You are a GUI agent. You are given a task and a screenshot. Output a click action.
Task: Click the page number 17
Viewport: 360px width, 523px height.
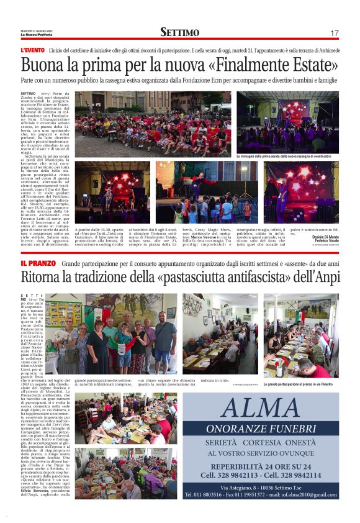tap(335, 33)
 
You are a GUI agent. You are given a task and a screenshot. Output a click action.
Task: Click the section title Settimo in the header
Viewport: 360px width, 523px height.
tap(179, 32)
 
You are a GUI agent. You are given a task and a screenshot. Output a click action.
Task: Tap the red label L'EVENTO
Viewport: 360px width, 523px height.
tap(32, 49)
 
